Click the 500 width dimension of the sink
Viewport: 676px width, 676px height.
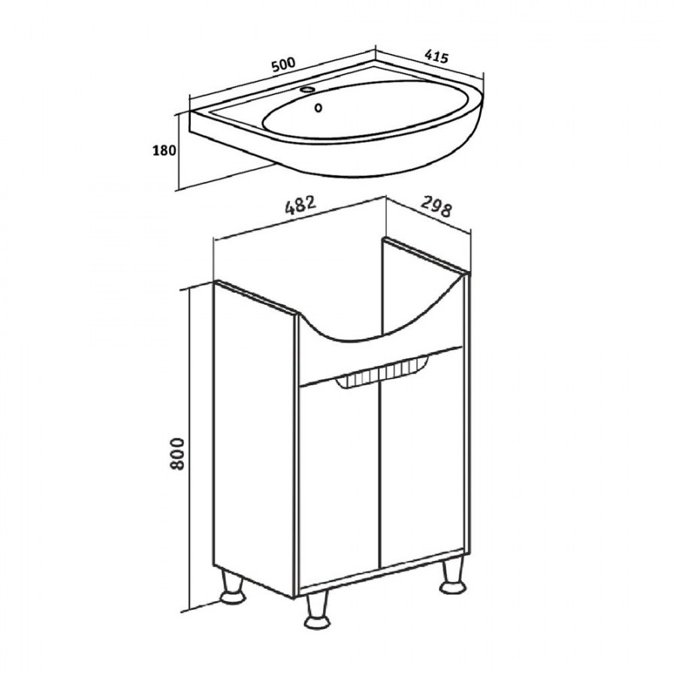[283, 64]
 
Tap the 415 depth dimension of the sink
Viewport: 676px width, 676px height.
[436, 56]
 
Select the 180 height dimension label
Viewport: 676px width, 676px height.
[164, 150]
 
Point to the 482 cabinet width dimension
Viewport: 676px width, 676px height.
[300, 204]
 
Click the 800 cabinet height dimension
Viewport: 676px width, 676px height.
[177, 454]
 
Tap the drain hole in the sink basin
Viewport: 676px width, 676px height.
[318, 107]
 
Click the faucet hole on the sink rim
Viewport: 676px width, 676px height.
[307, 89]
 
